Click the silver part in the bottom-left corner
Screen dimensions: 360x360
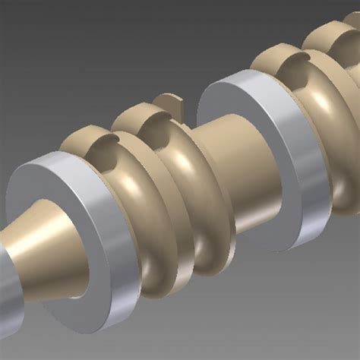(9, 304)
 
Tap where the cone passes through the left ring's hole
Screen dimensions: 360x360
(72, 258)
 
